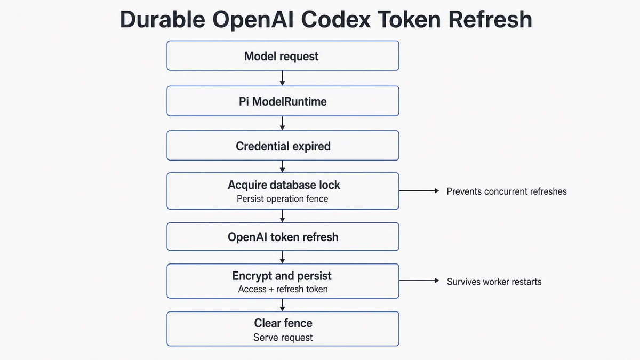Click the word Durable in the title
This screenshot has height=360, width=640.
click(x=163, y=19)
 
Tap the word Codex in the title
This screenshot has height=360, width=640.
click(x=335, y=19)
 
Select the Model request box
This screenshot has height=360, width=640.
click(x=283, y=55)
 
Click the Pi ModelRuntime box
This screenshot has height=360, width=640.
click(x=283, y=101)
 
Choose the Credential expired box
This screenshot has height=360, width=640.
click(x=283, y=146)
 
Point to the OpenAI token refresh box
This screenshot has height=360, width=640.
click(x=283, y=237)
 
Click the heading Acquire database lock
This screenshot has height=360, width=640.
click(x=284, y=185)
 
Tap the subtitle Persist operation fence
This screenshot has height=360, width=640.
click(x=282, y=199)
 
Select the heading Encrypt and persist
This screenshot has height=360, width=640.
click(x=282, y=276)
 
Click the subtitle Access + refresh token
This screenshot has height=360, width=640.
click(x=283, y=289)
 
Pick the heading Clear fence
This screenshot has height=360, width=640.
click(x=283, y=323)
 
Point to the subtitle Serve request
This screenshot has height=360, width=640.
click(x=283, y=338)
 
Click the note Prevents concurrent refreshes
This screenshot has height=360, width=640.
click(x=507, y=191)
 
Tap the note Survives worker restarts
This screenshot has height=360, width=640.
click(x=494, y=282)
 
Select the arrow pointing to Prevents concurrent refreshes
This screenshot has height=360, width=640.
click(x=419, y=190)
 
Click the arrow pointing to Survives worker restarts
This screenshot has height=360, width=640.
click(x=419, y=281)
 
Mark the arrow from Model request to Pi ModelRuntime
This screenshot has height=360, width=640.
click(x=282, y=78)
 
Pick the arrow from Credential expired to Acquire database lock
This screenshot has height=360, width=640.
click(x=282, y=166)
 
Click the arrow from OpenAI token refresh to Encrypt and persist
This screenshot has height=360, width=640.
click(x=282, y=257)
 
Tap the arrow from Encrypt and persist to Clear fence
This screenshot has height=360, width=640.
click(x=282, y=305)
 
